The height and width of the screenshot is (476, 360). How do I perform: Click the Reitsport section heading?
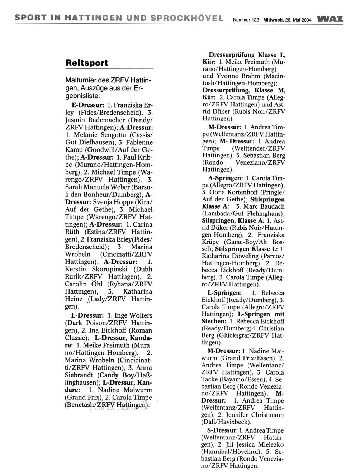pos(86,63)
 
